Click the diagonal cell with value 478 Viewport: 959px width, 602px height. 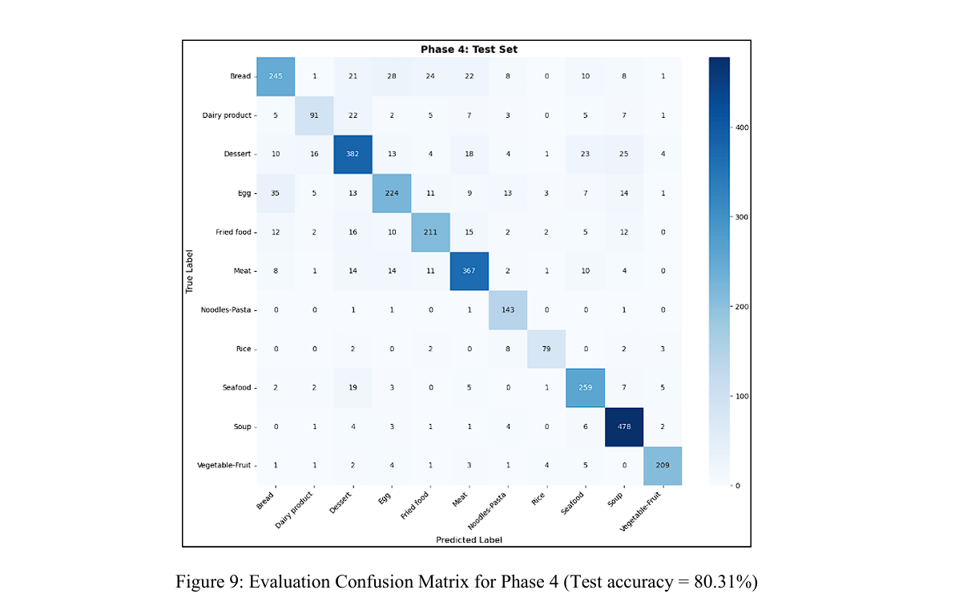(x=623, y=426)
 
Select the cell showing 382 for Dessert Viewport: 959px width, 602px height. (x=353, y=154)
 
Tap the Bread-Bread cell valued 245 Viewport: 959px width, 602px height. (x=276, y=76)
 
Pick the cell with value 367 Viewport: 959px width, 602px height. (x=469, y=271)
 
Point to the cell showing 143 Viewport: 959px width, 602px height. (x=508, y=309)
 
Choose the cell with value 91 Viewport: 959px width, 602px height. (x=315, y=115)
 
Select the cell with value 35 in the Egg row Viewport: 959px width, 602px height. (x=276, y=193)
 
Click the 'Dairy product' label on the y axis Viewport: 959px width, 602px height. (x=227, y=115)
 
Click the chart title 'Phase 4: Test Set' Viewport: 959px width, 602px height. (x=469, y=50)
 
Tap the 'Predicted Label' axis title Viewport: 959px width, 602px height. (x=469, y=539)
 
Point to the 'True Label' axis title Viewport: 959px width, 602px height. (x=190, y=271)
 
